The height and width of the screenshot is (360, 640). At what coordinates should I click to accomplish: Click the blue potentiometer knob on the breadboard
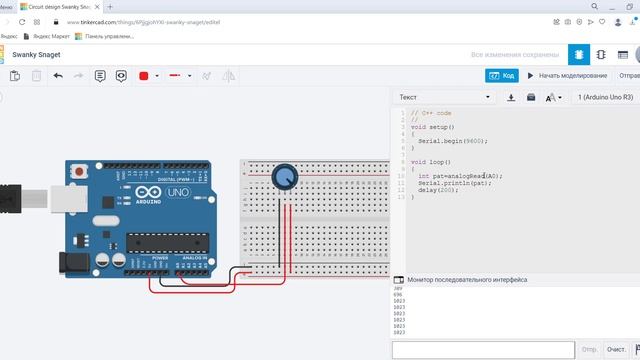click(285, 177)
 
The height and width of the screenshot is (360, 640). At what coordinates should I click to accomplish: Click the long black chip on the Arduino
click(159, 239)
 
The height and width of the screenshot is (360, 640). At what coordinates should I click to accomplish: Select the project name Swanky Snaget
click(40, 55)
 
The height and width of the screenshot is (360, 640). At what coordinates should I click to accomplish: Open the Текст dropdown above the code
click(445, 97)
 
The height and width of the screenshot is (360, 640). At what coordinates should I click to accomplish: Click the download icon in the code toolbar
click(511, 97)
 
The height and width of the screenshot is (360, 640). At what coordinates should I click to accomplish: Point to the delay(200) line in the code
click(439, 190)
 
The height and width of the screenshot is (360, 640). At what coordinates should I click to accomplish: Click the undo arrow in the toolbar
click(58, 75)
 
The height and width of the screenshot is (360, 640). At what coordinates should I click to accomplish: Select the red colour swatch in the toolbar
click(144, 75)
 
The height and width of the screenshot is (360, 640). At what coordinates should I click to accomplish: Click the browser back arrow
click(7, 21)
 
